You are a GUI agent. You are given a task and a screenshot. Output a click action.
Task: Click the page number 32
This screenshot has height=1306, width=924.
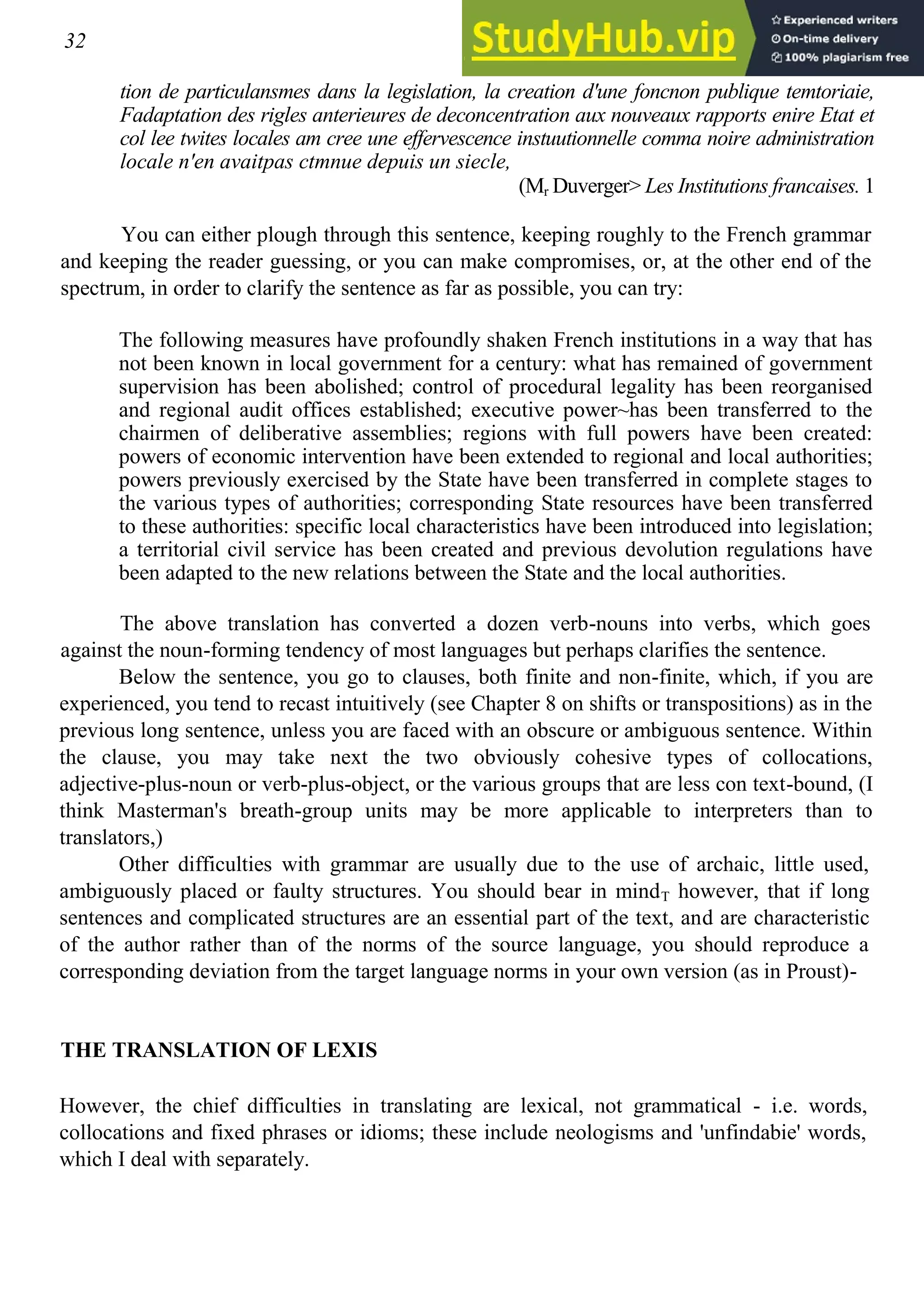click(75, 41)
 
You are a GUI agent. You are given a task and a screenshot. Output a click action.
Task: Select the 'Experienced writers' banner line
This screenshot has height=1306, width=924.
click(835, 20)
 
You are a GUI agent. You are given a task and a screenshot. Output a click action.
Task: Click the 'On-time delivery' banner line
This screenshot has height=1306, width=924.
click(825, 39)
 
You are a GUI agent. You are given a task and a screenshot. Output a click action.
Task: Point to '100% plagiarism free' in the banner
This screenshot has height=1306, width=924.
click(841, 57)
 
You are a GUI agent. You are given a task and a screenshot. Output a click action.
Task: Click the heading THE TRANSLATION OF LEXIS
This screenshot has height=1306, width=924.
click(219, 1050)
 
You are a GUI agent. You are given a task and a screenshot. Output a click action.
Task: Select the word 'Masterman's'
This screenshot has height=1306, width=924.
click(172, 811)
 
